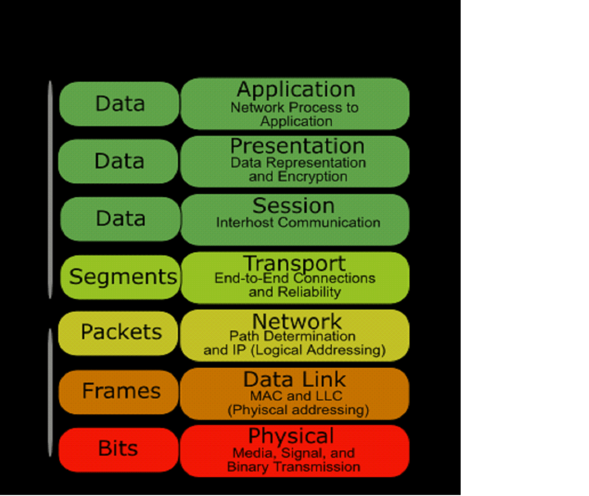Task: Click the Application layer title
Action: [x=296, y=90]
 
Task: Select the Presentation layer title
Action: [x=297, y=146]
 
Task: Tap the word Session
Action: [x=293, y=205]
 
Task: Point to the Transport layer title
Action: [x=294, y=263]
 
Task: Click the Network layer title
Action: [x=297, y=321]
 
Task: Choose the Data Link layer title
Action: [x=294, y=379]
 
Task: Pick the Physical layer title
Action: [x=290, y=436]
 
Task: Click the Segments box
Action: [x=123, y=276]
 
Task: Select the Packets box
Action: [x=121, y=332]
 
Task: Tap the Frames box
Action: [x=121, y=391]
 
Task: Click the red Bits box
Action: [x=118, y=448]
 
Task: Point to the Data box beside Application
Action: [x=120, y=103]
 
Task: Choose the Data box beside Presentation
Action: [x=119, y=161]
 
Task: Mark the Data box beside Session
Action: [x=120, y=218]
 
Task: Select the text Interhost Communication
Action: [x=298, y=222]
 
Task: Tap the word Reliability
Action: [x=309, y=292]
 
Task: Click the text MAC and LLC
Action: [x=296, y=396]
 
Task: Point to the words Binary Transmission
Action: [x=293, y=467]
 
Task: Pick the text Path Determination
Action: [x=292, y=336]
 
